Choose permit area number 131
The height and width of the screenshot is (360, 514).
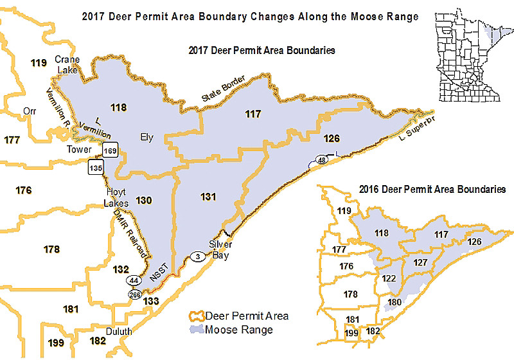click(x=208, y=197)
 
